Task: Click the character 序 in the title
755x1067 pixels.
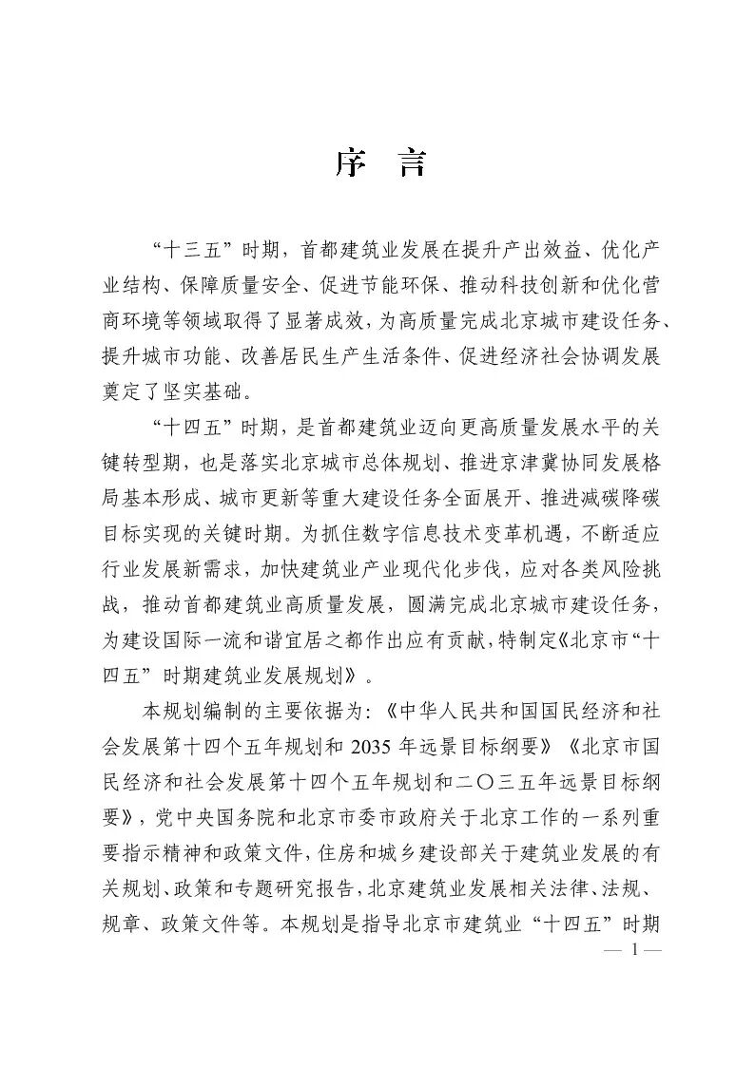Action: (351, 164)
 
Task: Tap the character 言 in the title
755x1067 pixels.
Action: (411, 164)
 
